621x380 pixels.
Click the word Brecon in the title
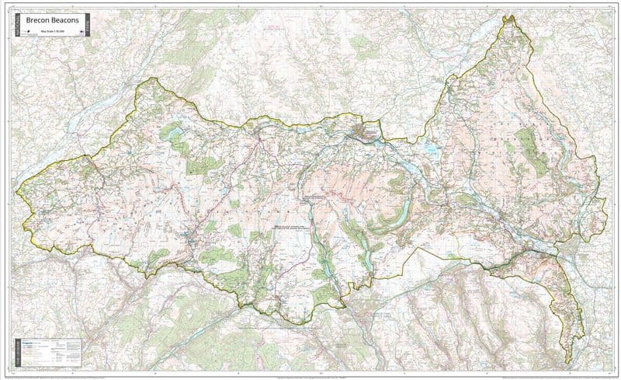tap(38, 21)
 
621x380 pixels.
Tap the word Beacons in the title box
tap(68, 21)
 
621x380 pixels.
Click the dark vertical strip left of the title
tap(16, 26)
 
